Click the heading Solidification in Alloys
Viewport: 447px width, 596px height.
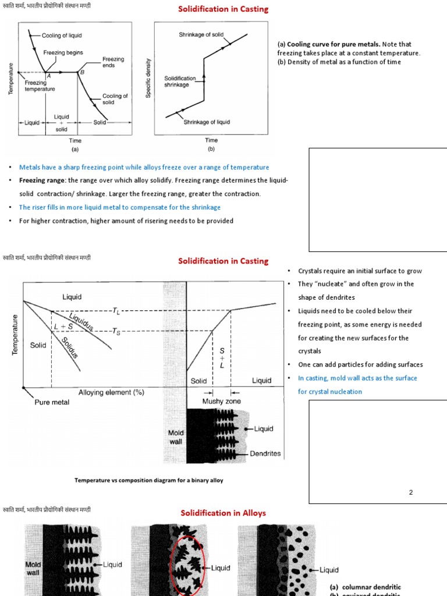tap(223, 513)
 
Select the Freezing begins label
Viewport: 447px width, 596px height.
tap(63, 53)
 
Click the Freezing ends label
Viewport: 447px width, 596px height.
tap(113, 62)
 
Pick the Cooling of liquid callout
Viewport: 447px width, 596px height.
tap(62, 36)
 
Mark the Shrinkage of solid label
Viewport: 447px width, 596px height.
tap(201, 35)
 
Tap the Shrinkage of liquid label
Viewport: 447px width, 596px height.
tap(207, 122)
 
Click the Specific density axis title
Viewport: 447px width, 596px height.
tap(148, 78)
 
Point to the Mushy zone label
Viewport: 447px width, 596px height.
tap(221, 402)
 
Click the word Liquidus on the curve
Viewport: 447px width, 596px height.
tap(81, 321)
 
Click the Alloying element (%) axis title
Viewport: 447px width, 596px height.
tap(111, 392)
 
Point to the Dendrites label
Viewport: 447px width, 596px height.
tap(265, 453)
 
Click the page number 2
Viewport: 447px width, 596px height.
tap(410, 492)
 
